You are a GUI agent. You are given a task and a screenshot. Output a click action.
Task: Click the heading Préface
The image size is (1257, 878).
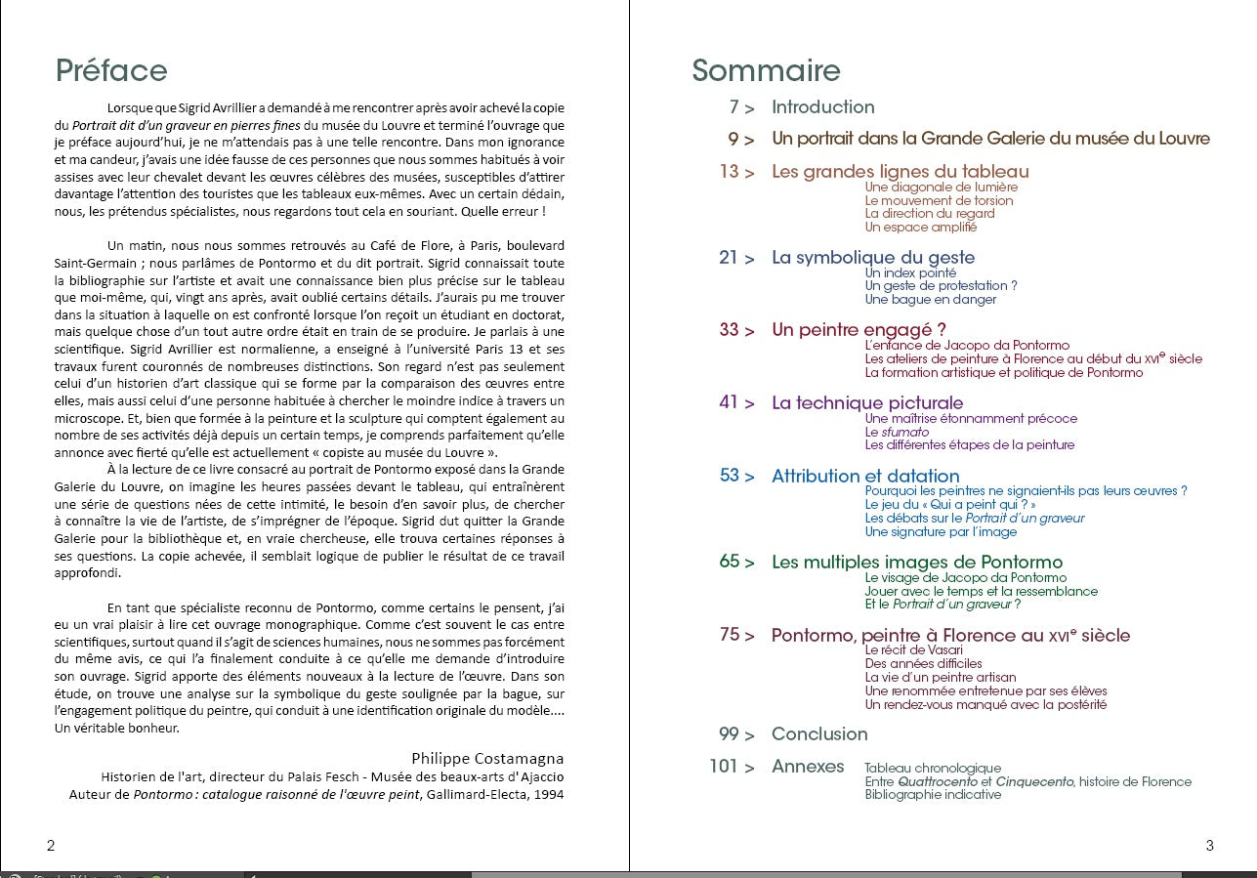pos(111,70)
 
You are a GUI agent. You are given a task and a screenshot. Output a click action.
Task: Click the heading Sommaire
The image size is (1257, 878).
pos(766,70)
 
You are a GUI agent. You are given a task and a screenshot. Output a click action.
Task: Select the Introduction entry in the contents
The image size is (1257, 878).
pos(822,107)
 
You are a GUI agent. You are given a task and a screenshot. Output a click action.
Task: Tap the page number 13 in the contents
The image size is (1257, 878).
pos(730,172)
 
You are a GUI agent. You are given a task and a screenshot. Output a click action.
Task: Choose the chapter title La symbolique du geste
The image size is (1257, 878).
pos(872,258)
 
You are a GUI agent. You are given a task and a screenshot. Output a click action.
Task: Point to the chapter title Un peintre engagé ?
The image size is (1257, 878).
pos(859,330)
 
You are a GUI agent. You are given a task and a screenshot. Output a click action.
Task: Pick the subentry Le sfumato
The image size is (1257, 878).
pos(897,432)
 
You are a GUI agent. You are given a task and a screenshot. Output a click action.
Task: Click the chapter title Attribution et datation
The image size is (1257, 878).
pos(865,477)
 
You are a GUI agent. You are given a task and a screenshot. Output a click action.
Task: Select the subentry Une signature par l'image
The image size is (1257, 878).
pos(941,532)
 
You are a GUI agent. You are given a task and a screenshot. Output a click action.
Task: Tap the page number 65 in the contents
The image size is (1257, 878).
pos(730,562)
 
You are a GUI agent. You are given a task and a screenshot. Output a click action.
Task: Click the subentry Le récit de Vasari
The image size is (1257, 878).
pos(913,650)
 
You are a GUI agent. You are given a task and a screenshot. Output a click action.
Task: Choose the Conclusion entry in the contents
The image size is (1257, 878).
pos(818,734)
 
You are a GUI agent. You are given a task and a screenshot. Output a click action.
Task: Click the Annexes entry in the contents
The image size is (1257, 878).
pos(807,767)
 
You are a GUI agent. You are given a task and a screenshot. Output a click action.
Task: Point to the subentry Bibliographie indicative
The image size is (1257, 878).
pos(933,795)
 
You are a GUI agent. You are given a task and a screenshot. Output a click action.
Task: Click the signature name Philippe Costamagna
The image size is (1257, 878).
pos(487,759)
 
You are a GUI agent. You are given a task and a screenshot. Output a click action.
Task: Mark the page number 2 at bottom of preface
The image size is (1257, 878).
pos(51,845)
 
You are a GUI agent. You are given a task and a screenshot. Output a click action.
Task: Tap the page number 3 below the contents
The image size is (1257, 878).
pos(1209,846)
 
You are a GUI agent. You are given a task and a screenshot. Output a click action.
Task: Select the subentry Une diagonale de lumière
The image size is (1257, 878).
pos(941,188)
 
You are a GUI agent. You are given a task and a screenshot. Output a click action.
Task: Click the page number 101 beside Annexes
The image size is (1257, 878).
pos(724,767)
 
